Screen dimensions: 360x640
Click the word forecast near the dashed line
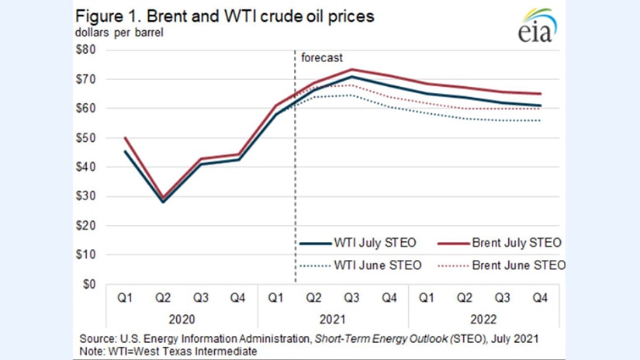[x=321, y=57]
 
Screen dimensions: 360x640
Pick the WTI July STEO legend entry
[x=361, y=243]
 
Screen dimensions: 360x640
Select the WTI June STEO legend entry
[x=361, y=265]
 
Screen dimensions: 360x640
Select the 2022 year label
[x=489, y=319]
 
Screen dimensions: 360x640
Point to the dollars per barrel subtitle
[x=120, y=33]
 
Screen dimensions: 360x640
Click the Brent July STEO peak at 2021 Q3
[x=352, y=70]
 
